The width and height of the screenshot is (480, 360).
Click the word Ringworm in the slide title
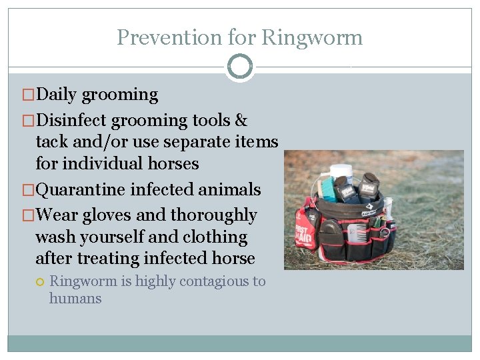pos(312,37)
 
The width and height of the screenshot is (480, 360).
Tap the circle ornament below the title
pos(239,66)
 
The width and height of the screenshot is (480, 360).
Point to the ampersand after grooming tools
pos(241,121)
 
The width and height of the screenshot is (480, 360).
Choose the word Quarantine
pos(80,190)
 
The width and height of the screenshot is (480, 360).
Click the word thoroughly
pos(213,215)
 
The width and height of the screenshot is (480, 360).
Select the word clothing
pos(214,237)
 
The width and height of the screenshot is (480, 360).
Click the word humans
pos(75,299)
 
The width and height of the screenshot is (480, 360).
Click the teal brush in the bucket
pos(327,189)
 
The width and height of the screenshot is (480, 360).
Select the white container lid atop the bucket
pos(341,170)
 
